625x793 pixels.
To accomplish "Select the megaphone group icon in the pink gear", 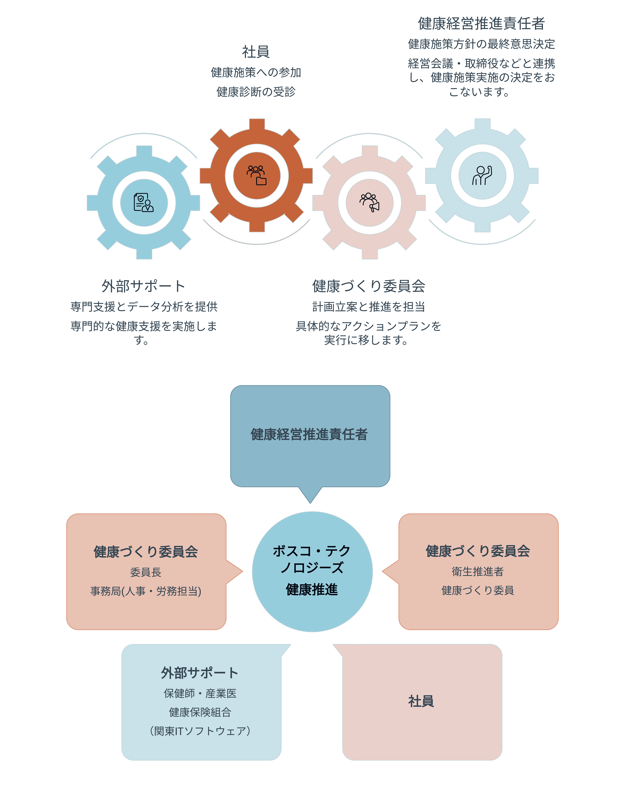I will (370, 202).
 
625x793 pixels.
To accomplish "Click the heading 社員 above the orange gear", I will (256, 52).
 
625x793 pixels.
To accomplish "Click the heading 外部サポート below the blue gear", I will (143, 286).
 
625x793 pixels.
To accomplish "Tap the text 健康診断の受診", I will (256, 92).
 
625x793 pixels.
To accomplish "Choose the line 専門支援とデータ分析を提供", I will (144, 306).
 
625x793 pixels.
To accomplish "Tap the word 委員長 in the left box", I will (146, 572).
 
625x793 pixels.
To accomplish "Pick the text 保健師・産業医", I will (200, 693).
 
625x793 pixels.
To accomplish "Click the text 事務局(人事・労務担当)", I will (146, 591).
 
